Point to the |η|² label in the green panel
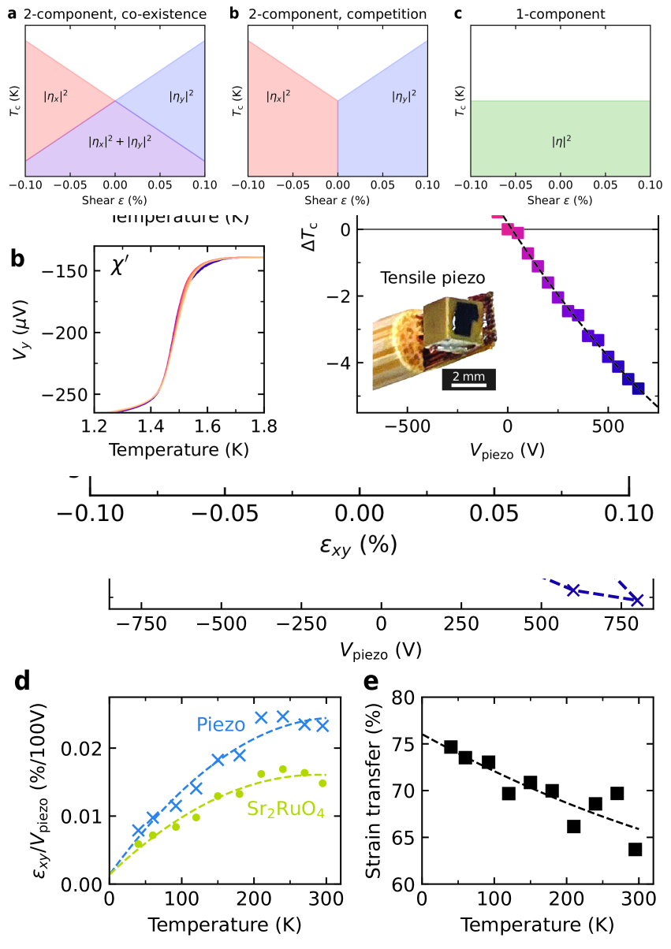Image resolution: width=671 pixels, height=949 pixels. [x=561, y=143]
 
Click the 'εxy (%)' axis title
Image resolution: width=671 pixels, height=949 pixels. [x=358, y=545]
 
